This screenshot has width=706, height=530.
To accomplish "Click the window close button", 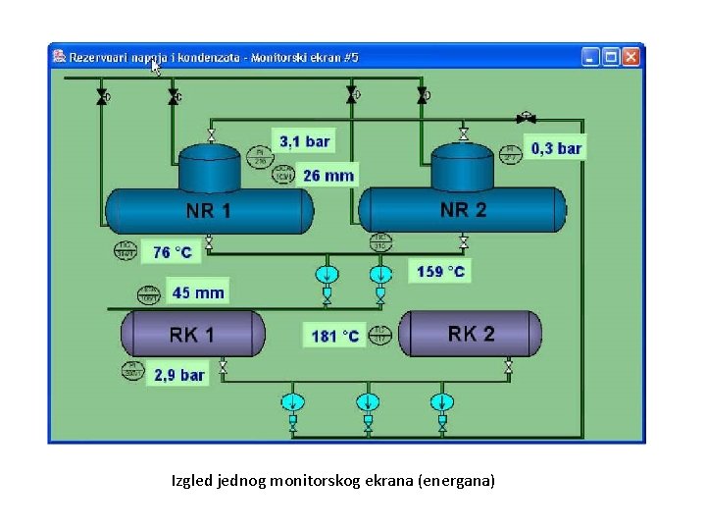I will [x=631, y=57].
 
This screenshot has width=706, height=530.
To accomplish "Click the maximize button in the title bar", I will [x=611, y=57].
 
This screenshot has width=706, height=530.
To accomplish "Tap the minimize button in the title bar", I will [x=590, y=57].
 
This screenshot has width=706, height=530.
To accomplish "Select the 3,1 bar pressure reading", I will [x=304, y=141].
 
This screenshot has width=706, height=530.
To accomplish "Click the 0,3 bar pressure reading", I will [x=557, y=148].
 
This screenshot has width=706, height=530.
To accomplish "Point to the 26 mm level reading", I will [x=328, y=176].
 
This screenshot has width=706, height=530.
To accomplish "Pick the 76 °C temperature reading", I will [x=173, y=252].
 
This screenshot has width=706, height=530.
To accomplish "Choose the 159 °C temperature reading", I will [x=440, y=271].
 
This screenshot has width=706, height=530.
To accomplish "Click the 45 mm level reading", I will [x=198, y=292].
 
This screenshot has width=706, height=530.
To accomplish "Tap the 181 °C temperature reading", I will [x=336, y=336].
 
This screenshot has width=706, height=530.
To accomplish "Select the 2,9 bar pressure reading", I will [x=178, y=375].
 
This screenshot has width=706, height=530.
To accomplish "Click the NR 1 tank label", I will [x=209, y=211].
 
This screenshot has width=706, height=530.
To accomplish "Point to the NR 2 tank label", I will [x=463, y=209].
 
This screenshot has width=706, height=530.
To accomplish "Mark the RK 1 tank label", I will [x=191, y=335].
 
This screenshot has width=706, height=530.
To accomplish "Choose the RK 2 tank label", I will [x=471, y=334].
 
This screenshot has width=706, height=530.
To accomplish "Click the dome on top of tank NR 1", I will [x=209, y=167].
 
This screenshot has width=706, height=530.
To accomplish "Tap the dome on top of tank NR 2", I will [x=463, y=165].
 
